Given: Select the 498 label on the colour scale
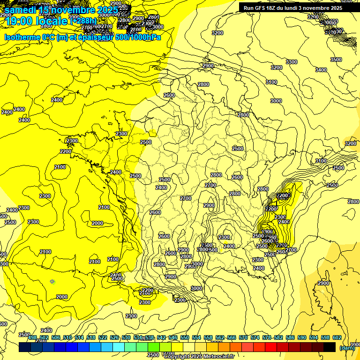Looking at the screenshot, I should [32, 337].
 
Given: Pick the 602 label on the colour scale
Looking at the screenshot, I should [337, 337].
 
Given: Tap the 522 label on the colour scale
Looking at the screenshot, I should [103, 337].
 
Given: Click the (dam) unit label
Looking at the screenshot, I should [347, 348].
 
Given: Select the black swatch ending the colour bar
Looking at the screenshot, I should [330, 347].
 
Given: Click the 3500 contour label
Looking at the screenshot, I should [336, 60].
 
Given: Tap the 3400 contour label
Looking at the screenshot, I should [321, 70].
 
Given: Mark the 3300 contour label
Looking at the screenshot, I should [292, 62].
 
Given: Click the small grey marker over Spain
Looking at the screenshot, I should [52, 281].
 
